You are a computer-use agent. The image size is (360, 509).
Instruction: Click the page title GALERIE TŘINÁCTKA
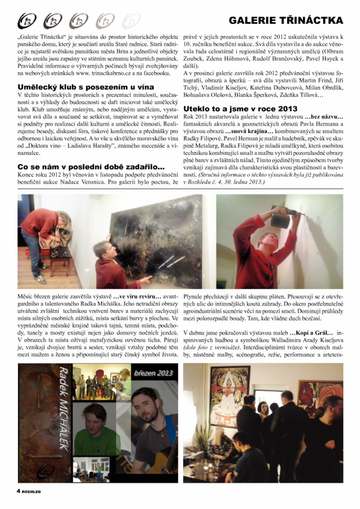(x=286, y=20)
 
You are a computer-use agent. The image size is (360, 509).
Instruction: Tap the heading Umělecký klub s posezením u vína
(x=86, y=87)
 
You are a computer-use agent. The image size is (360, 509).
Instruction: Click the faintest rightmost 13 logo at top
(x=131, y=20)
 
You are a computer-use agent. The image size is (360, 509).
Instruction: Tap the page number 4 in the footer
(x=18, y=491)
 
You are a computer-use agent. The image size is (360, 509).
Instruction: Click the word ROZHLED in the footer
(x=31, y=492)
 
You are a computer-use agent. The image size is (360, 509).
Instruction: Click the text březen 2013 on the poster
(x=153, y=373)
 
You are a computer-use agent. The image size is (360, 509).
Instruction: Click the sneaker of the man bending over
(x=41, y=280)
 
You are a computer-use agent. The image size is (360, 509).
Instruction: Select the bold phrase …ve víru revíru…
(x=134, y=295)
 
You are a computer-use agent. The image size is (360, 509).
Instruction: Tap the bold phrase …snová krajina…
(x=243, y=132)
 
